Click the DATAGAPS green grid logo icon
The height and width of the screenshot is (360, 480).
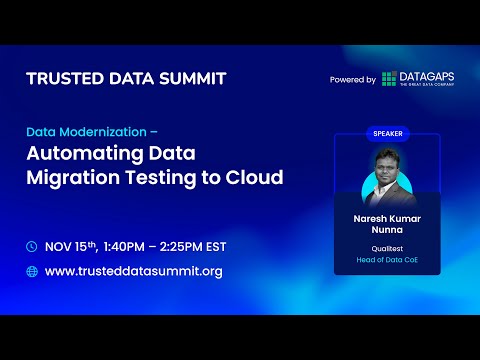(389, 79)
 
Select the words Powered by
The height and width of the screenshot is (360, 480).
(352, 80)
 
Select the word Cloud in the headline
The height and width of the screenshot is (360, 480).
(253, 179)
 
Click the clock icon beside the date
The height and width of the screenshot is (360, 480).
(32, 246)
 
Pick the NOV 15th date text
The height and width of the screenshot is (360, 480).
(72, 246)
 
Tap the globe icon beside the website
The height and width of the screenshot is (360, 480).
(32, 271)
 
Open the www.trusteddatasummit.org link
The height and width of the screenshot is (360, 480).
(134, 271)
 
